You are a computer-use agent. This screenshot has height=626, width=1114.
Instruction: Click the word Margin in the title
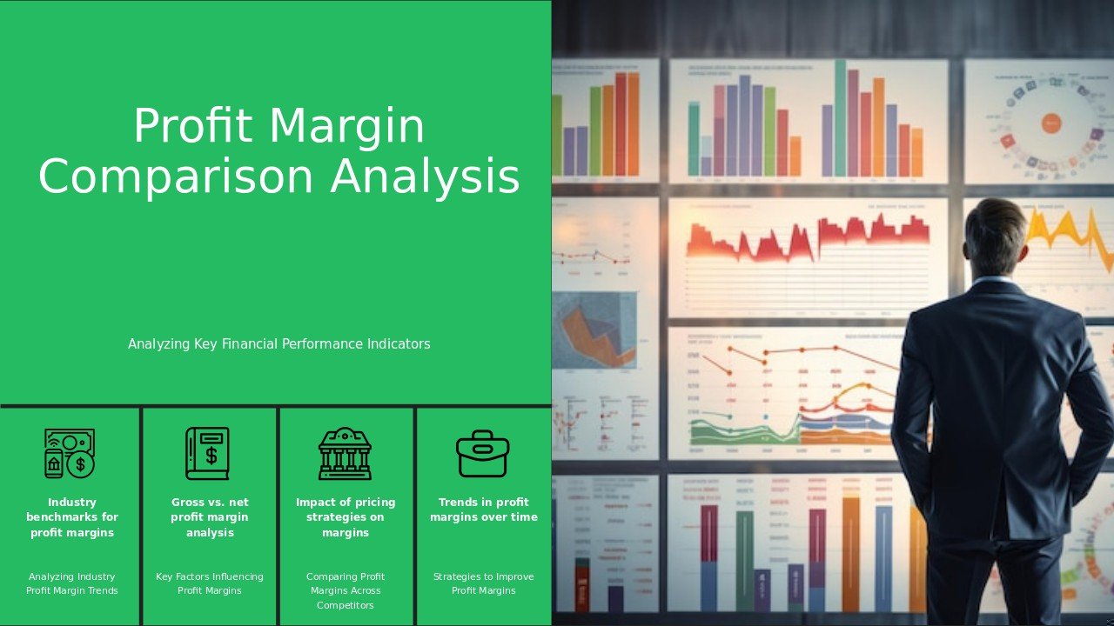[x=347, y=127]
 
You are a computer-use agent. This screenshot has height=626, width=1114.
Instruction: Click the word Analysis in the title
[x=426, y=176]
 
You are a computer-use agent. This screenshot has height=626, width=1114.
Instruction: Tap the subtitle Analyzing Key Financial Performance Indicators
[x=278, y=344]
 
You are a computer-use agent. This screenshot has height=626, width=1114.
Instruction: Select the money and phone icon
[x=70, y=453]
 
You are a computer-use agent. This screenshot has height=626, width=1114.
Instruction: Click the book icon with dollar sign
[x=207, y=453]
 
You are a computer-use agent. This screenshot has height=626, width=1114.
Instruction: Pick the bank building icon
[x=345, y=453]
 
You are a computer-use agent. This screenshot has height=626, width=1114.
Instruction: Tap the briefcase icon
[x=482, y=453]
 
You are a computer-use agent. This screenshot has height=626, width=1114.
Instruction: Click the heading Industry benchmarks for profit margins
[x=72, y=517]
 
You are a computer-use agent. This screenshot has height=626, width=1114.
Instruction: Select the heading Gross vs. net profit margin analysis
[x=210, y=517]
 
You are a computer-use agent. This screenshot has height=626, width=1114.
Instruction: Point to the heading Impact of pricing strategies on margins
[x=346, y=517]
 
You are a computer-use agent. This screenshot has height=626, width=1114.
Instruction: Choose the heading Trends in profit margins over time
[x=484, y=509]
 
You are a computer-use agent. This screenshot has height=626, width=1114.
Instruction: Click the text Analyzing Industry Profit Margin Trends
[x=72, y=583]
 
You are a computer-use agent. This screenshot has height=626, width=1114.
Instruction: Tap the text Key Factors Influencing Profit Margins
[x=210, y=583]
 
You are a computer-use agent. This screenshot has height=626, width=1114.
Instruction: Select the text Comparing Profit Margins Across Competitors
[x=346, y=590]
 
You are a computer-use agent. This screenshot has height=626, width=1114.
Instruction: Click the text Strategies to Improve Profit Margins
[x=484, y=583]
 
